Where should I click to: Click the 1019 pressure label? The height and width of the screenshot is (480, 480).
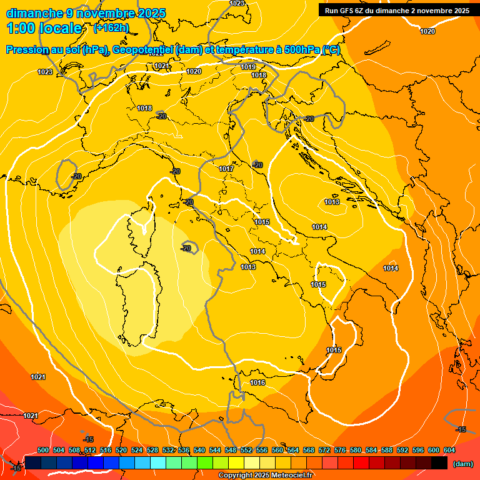pos(248,67)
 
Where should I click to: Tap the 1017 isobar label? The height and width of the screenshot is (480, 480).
pos(226,169)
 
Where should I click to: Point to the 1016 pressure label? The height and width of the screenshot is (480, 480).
pos(257,382)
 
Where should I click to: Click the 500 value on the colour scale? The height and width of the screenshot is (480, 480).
pos(43,450)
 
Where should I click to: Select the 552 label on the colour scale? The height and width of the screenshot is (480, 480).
pos(246,450)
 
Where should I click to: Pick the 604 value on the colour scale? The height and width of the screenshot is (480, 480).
pos(449,450)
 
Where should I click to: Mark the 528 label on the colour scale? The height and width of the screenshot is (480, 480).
pos(152,450)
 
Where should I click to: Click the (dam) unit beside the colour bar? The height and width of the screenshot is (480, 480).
pos(463,464)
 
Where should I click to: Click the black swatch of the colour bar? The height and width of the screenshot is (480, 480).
pos(439,463)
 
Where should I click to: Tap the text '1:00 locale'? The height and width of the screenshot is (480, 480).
pos(44,28)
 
